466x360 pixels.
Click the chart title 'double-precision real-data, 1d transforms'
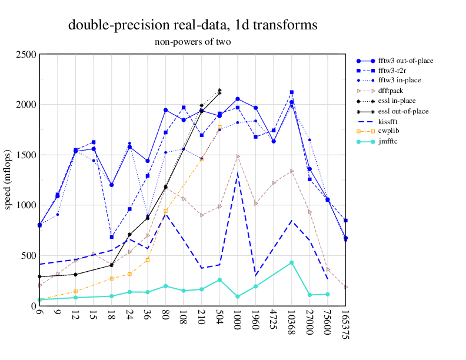pyautogui.click(x=193, y=25)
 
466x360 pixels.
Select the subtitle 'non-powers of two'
pyautogui.click(x=193, y=42)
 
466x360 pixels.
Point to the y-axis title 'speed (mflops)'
pyautogui.click(x=8, y=180)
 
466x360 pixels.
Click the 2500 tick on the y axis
pyautogui.click(x=27, y=55)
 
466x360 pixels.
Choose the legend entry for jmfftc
pyautogui.click(x=389, y=141)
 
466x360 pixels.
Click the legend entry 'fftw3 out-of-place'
pyautogui.click(x=400, y=60)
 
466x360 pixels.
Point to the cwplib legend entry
pyautogui.click(x=389, y=131)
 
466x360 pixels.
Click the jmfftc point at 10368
pyautogui.click(x=291, y=262)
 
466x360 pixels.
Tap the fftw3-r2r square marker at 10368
pyautogui.click(x=291, y=92)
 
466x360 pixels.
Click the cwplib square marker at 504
pyautogui.click(x=219, y=127)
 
